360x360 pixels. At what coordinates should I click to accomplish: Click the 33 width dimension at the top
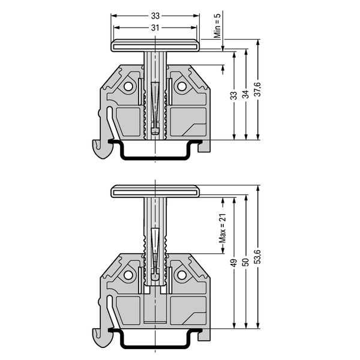pos(155,16)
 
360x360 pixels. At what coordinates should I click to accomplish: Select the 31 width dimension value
pos(155,28)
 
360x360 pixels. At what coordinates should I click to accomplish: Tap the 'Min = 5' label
pos(217,25)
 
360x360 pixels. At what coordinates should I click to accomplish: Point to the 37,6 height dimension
pos(258,89)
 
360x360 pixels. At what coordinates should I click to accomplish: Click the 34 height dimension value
pos(246,94)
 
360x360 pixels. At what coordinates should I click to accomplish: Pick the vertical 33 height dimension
pos(234,95)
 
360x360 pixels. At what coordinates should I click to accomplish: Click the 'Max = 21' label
pos(223,228)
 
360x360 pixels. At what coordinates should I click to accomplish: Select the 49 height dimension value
pos(234,263)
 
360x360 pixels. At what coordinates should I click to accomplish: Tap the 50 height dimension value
pos(246,262)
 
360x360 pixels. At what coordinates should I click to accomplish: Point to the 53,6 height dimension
pos(258,256)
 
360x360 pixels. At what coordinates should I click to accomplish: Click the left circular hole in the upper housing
pos(128,86)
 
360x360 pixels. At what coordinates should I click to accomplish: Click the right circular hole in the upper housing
pos(182,86)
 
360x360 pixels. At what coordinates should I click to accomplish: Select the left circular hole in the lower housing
pos(128,275)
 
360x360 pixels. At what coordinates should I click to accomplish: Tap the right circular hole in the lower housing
pos(182,275)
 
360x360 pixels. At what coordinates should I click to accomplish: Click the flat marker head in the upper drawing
pos(155,46)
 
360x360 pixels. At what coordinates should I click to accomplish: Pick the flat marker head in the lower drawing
pos(155,191)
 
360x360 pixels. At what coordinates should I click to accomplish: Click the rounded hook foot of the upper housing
pos(103,149)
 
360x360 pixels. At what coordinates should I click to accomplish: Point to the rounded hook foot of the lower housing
pos(103,338)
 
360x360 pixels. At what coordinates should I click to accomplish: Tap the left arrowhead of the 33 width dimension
pos(114,16)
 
